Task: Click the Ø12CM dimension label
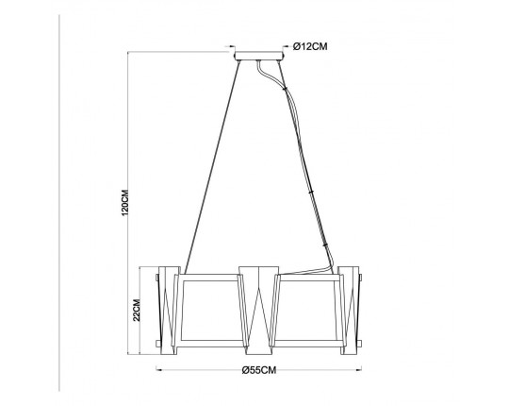coord(310,44)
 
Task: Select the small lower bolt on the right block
coord(361,334)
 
